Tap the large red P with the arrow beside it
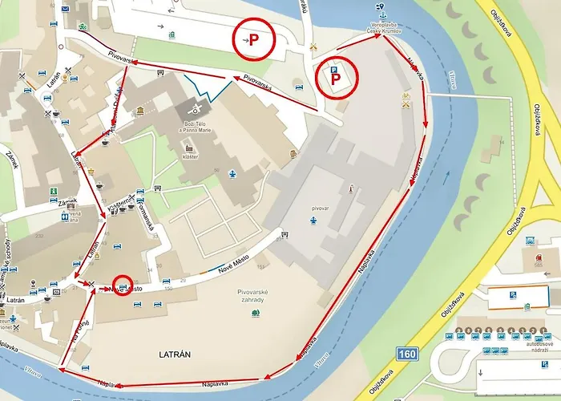coord(253,38)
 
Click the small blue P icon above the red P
coord(334,71)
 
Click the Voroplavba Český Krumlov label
coord(384,27)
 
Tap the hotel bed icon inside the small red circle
coord(121,284)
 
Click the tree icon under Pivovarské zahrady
coord(255,313)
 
